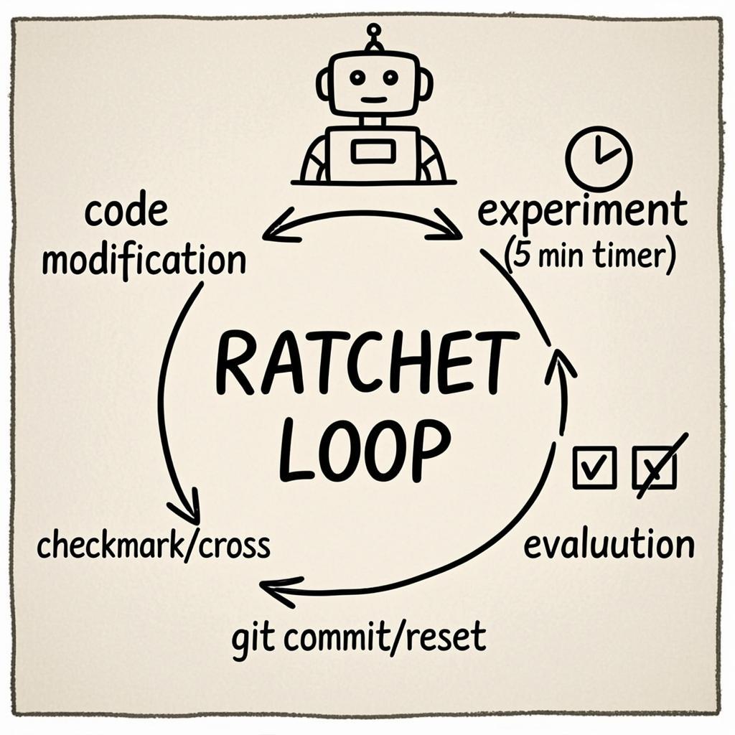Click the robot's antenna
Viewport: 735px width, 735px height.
coord(373,37)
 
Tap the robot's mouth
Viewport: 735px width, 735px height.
coord(373,100)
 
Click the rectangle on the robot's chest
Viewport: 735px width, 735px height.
coord(373,151)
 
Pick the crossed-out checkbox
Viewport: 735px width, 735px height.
coord(655,467)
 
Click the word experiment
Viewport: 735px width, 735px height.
coord(582,212)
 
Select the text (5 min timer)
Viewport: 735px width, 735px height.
coord(590,256)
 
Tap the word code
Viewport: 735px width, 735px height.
coord(126,211)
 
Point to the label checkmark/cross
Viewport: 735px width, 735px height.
coord(154,546)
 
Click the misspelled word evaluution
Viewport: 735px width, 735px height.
coord(609,546)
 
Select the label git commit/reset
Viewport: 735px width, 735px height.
coord(359,637)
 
